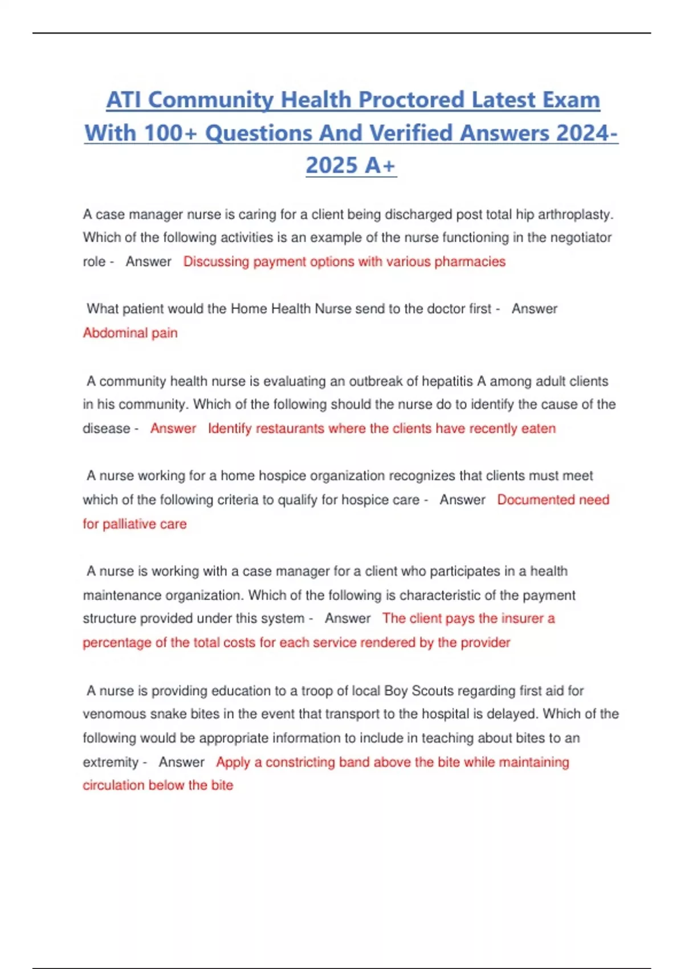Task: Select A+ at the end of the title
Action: point(380,166)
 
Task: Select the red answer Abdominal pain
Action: point(130,333)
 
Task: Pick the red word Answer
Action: point(173,429)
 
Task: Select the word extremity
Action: point(111,762)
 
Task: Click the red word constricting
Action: point(300,762)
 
